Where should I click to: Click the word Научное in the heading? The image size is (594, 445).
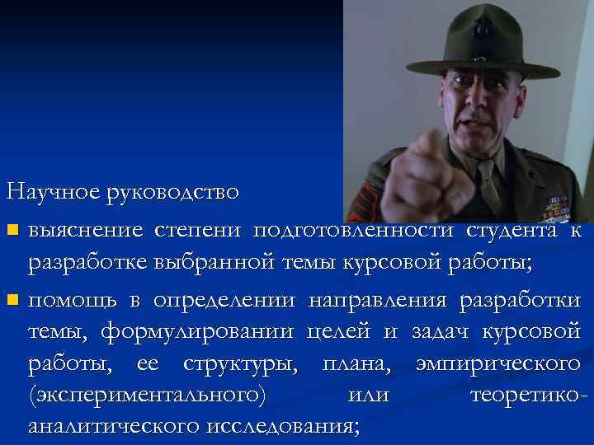tap(53, 192)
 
